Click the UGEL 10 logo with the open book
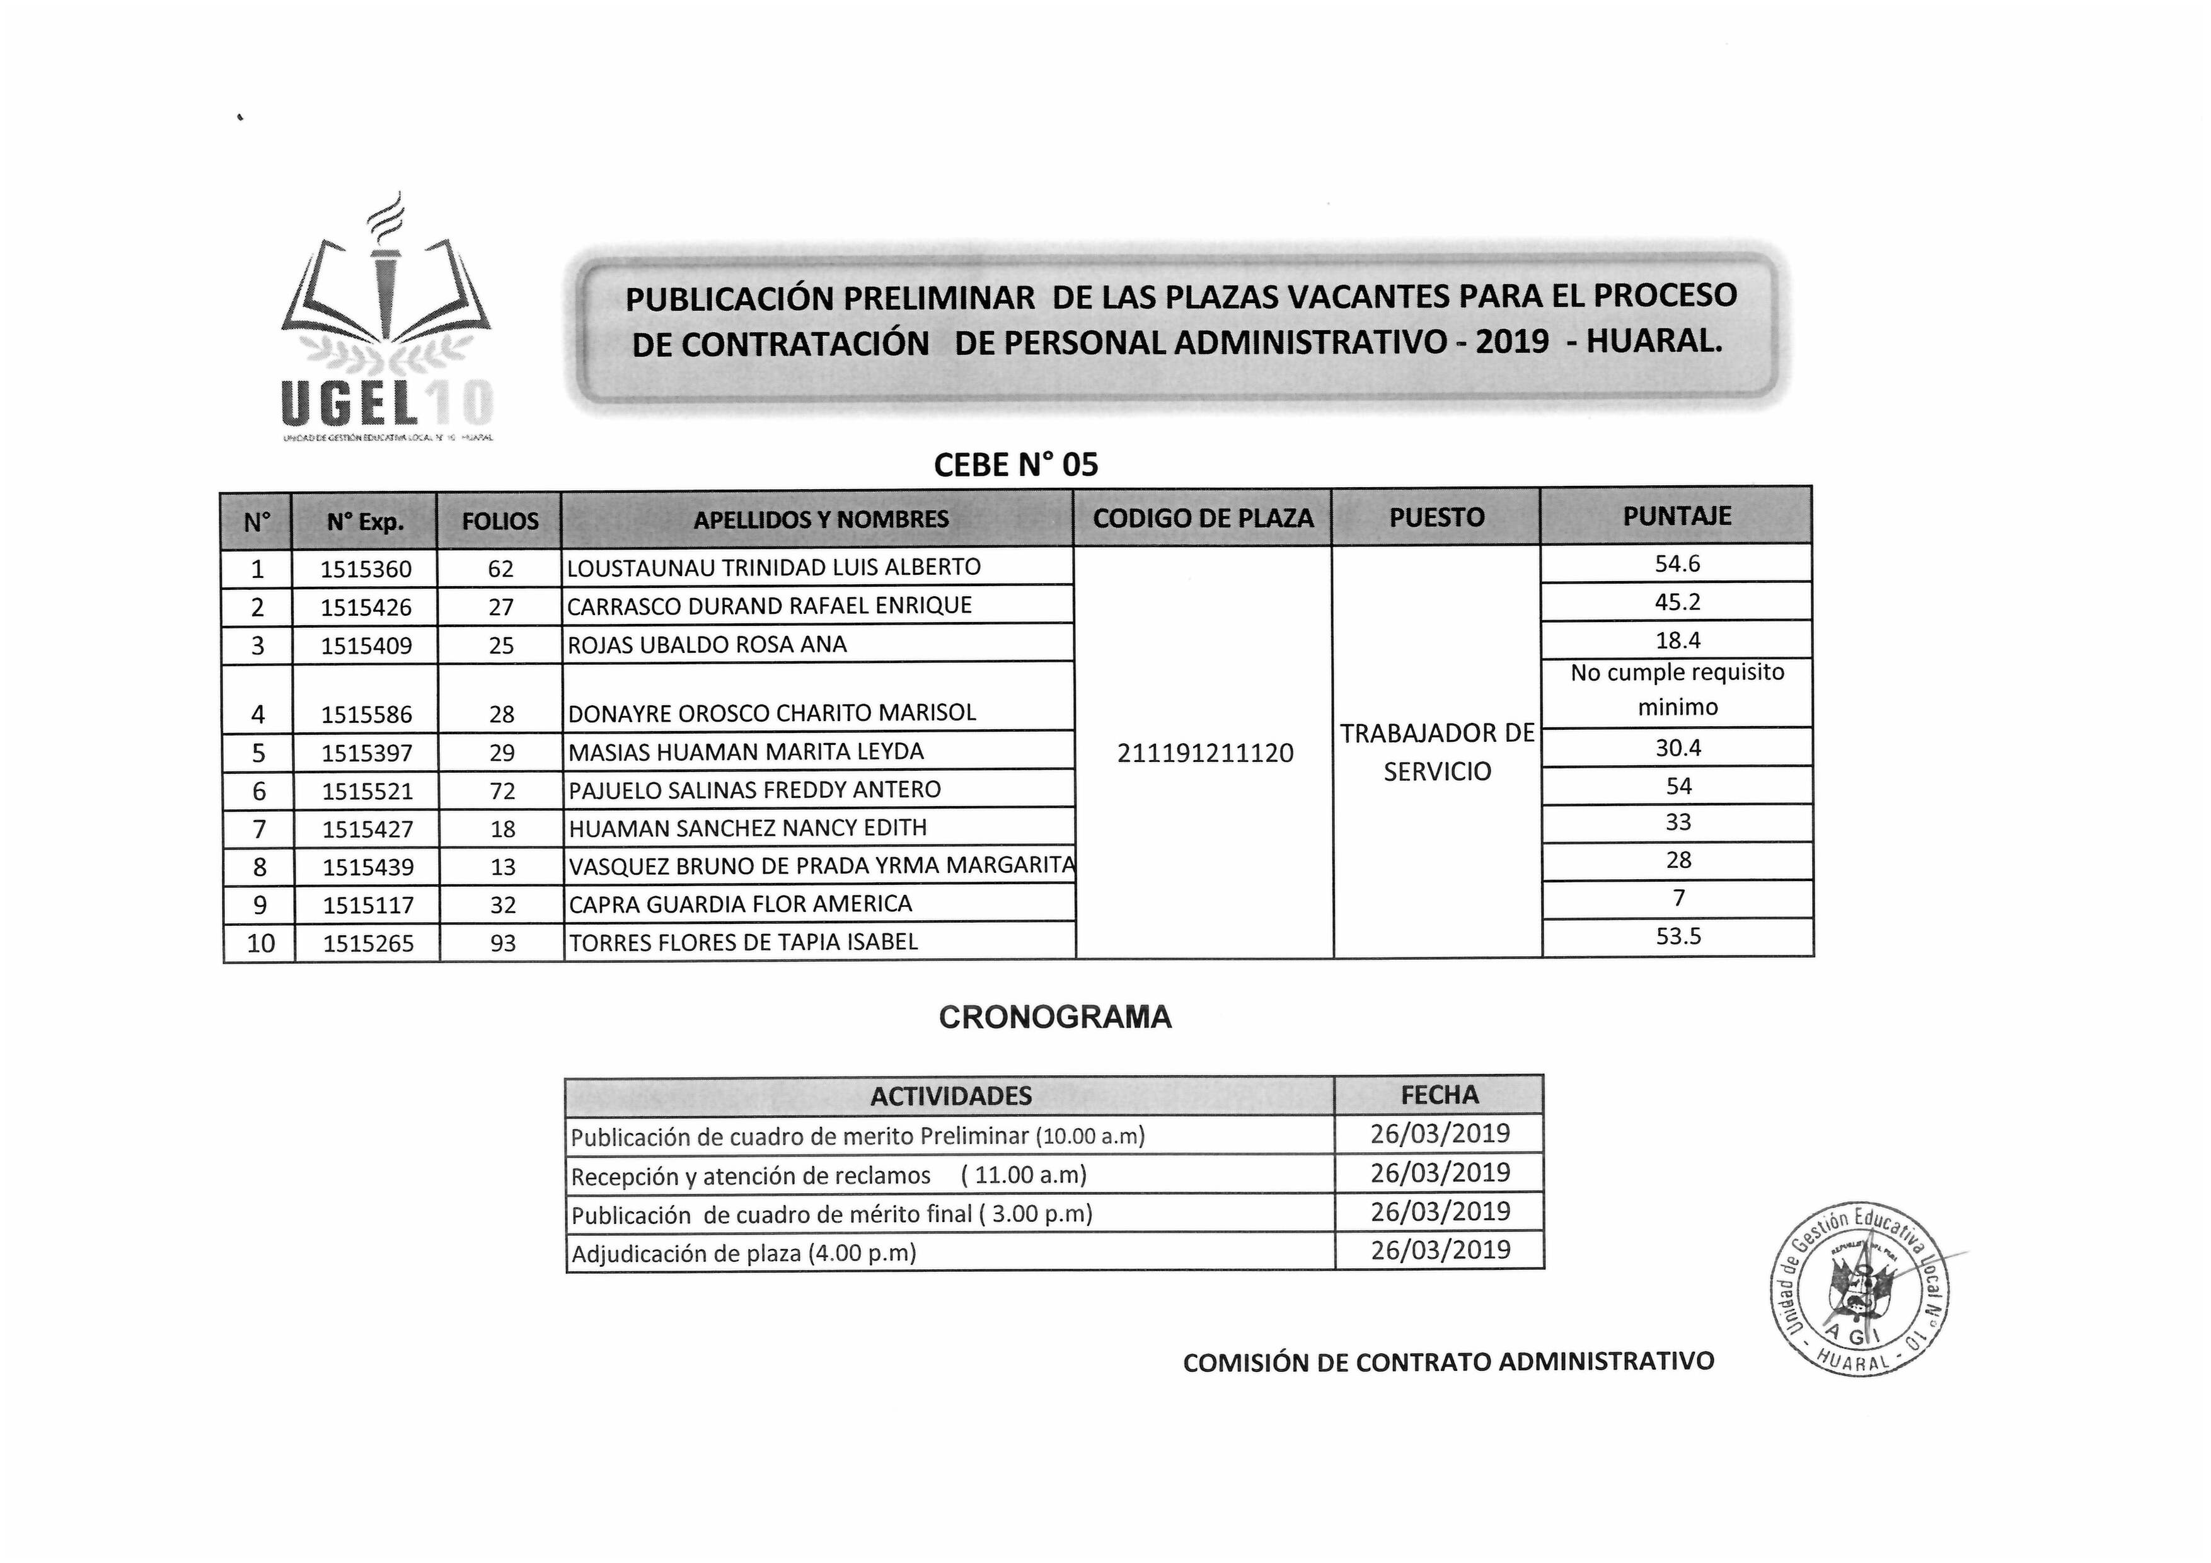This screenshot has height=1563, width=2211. point(386,323)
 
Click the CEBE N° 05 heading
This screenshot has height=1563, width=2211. point(1016,465)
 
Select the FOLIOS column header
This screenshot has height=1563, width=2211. point(500,521)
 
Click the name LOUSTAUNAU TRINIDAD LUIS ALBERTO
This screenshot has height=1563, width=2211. point(773,567)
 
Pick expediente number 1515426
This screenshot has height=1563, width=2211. point(366,608)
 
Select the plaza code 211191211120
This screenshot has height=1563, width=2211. point(1204,753)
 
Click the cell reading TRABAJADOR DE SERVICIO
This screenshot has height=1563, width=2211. point(1437,752)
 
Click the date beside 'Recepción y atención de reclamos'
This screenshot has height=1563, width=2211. point(1440,1173)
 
